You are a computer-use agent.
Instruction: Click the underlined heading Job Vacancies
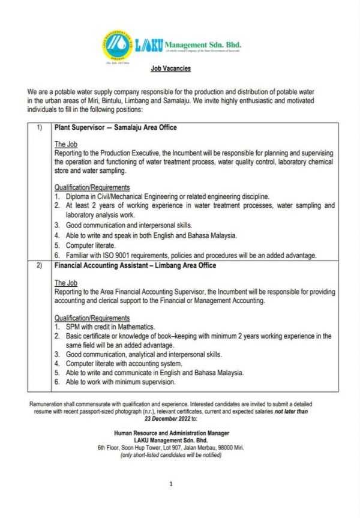coord(171,69)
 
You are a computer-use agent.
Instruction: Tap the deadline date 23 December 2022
coord(172,420)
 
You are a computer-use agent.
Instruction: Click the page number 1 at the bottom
coord(171,484)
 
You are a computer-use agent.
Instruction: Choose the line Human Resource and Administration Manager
coord(171,433)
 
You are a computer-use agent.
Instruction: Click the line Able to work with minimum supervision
coord(121,382)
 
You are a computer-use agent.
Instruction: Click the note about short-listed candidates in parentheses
coord(171,455)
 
